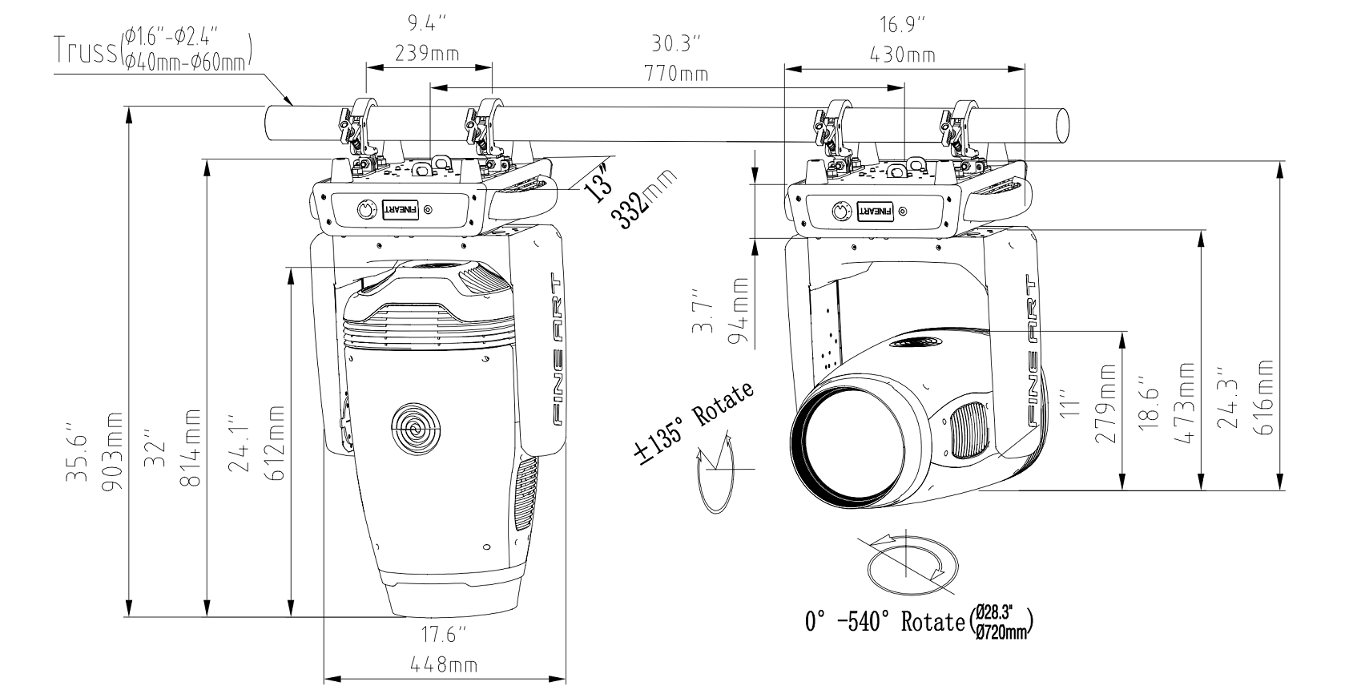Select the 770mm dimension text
point(678,75)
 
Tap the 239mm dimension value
point(427,54)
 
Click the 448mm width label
point(444,665)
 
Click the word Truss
point(85,49)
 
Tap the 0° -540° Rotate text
point(884,621)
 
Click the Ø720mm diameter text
point(1001,633)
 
